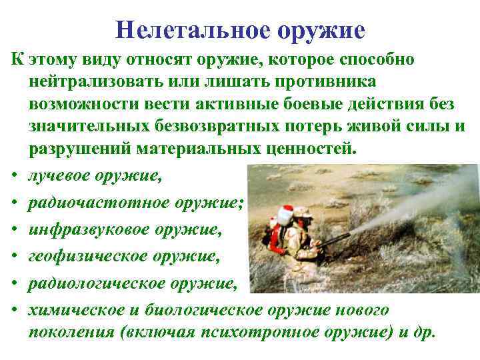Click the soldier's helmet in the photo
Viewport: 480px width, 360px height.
point(301,211)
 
